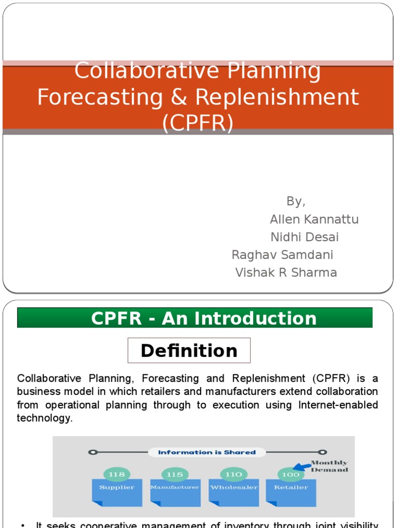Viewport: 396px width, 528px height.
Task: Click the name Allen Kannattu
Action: [314, 219]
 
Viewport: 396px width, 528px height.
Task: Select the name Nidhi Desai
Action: [305, 237]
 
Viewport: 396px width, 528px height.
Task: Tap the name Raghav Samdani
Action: [282, 255]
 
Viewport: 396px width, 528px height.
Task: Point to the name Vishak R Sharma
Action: [286, 272]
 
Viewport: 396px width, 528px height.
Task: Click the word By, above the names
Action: [296, 201]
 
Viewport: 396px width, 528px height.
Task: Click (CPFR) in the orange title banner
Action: [197, 123]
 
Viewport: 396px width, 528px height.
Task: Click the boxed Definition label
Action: [189, 351]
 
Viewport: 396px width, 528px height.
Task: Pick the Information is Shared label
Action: [207, 452]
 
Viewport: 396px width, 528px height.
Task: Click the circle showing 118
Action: [117, 474]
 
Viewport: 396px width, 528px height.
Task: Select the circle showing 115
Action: [175, 474]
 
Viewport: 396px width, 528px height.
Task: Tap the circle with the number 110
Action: [234, 474]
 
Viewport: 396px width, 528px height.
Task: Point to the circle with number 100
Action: [291, 474]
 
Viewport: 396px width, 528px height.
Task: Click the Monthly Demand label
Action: [329, 466]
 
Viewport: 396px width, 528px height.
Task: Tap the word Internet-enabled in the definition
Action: [338, 405]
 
